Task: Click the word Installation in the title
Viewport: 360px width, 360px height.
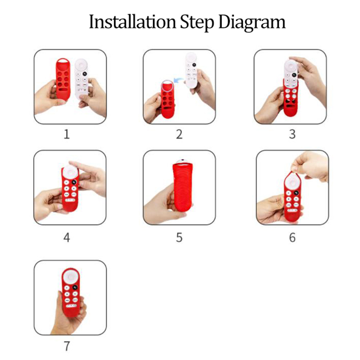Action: (132, 22)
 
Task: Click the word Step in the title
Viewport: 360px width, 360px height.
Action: (197, 22)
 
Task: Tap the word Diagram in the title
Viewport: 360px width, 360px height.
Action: (252, 22)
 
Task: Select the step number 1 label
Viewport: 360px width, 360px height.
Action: (67, 134)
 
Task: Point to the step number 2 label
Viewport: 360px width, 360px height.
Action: (179, 134)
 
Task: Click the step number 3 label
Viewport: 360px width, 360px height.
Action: (292, 134)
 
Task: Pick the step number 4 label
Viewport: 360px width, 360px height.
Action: (67, 238)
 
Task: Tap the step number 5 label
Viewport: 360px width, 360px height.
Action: (179, 238)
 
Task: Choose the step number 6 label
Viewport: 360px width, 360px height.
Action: (292, 238)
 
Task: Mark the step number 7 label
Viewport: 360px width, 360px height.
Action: (67, 346)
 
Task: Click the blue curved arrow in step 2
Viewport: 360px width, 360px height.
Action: (178, 80)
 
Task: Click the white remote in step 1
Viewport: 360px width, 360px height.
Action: (81, 78)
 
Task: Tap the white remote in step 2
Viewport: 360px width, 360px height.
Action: (191, 71)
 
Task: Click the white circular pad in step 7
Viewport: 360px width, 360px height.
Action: (71, 277)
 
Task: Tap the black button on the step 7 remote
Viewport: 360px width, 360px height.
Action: (75, 287)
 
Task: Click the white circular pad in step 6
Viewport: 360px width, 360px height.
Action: (292, 181)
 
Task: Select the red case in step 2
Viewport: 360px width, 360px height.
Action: (167, 99)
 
